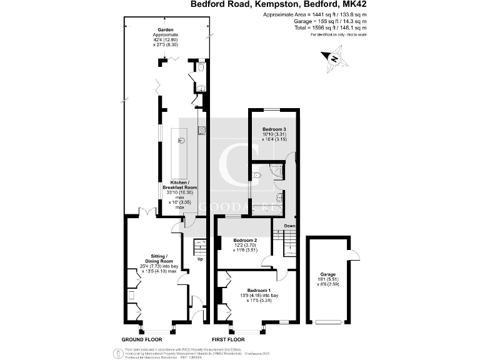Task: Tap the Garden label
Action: click(x=166, y=29)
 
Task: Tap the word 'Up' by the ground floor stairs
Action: click(x=200, y=259)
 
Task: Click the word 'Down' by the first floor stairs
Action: click(x=289, y=226)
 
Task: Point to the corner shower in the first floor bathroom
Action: click(x=277, y=168)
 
